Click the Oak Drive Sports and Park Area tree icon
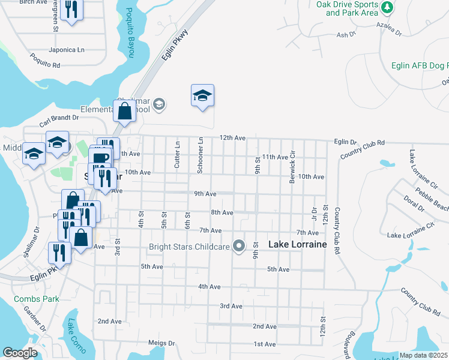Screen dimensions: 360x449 (388, 7)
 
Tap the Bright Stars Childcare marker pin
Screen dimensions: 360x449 (240, 245)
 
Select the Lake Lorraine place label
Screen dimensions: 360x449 (297, 244)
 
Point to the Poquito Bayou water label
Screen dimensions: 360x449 (130, 35)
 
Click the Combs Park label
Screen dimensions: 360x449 (37, 298)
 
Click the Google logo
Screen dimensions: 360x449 (20, 352)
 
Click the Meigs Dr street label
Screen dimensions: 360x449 (161, 343)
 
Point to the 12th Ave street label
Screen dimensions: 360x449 (232, 138)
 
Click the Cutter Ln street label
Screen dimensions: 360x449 (177, 155)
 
